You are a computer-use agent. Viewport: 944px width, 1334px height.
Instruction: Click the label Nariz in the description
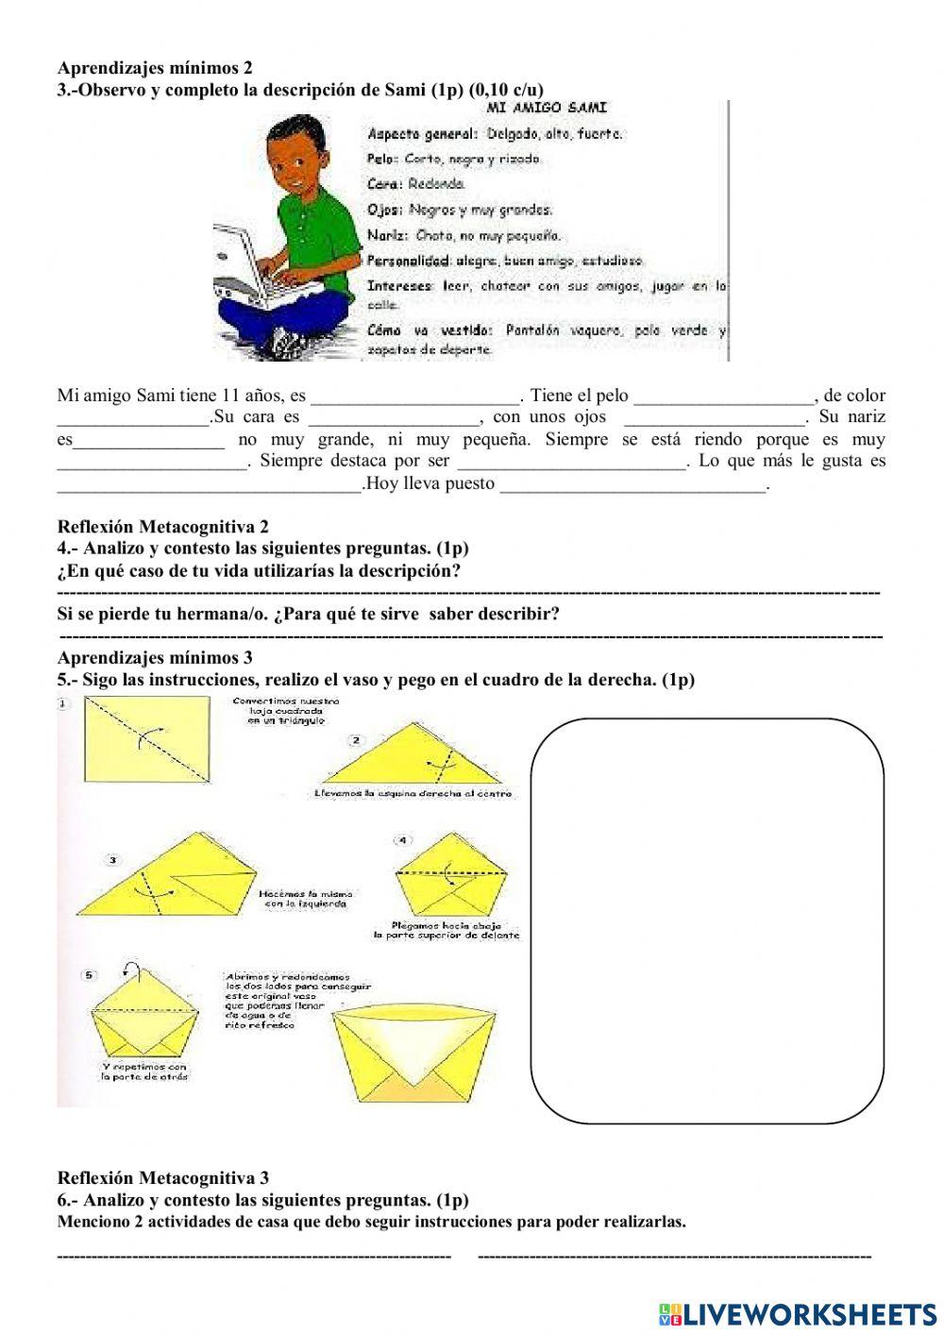tap(386, 235)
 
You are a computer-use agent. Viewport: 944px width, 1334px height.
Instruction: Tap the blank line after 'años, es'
tap(414, 397)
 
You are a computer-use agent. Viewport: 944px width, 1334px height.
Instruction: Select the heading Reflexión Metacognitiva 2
tap(162, 527)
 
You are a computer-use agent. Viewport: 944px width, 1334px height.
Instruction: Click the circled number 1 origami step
tap(63, 703)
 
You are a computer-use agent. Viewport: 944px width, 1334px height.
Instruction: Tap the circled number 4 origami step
tap(403, 839)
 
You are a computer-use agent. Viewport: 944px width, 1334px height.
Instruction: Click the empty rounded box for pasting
tap(708, 920)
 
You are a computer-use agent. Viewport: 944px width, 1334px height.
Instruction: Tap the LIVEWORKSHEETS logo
tap(798, 1313)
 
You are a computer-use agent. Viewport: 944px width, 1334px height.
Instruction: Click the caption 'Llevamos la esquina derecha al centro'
tap(413, 794)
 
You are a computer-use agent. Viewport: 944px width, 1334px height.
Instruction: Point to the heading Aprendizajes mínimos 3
tap(155, 657)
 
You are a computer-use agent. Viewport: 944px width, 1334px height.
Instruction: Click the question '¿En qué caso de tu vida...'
tap(259, 571)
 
